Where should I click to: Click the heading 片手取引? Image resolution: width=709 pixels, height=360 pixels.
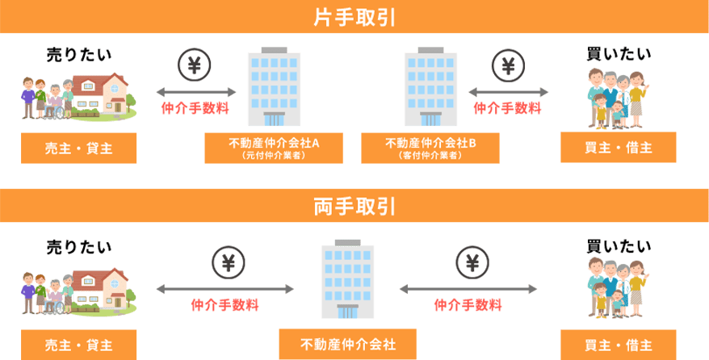coord(354,17)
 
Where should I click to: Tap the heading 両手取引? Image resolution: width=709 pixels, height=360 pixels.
coord(354,207)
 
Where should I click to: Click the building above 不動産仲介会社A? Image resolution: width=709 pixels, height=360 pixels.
coord(274,89)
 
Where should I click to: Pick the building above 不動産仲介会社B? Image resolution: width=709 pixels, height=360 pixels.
coord(431,89)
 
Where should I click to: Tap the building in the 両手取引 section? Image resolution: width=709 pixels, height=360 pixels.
coord(348,278)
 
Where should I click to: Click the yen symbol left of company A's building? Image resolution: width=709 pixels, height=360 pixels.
coord(193,65)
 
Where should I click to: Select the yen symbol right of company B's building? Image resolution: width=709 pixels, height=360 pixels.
coord(507,65)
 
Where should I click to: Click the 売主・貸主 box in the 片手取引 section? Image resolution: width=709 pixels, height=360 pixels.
coord(78,148)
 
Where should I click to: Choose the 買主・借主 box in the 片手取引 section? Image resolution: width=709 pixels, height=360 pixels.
coord(618,148)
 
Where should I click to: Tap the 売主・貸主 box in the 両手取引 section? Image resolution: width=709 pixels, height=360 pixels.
coord(78,345)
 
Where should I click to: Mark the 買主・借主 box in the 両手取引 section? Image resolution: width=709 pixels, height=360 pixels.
coord(618,345)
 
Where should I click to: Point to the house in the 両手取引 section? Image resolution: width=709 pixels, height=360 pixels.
coord(102,287)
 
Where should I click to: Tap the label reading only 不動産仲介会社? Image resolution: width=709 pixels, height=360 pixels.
coord(348,344)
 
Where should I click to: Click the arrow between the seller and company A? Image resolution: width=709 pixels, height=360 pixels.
coord(196,92)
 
